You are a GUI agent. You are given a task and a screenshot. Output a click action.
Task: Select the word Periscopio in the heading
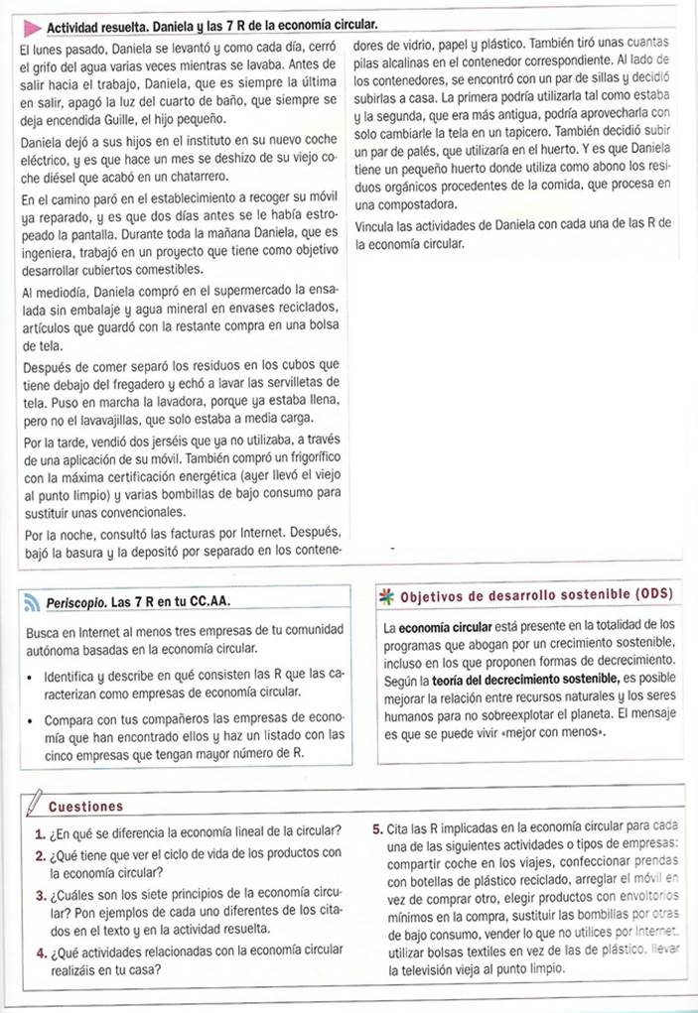point(76,602)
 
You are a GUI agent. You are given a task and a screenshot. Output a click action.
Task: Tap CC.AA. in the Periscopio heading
point(218,602)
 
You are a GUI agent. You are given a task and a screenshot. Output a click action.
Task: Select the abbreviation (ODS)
point(652,595)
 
